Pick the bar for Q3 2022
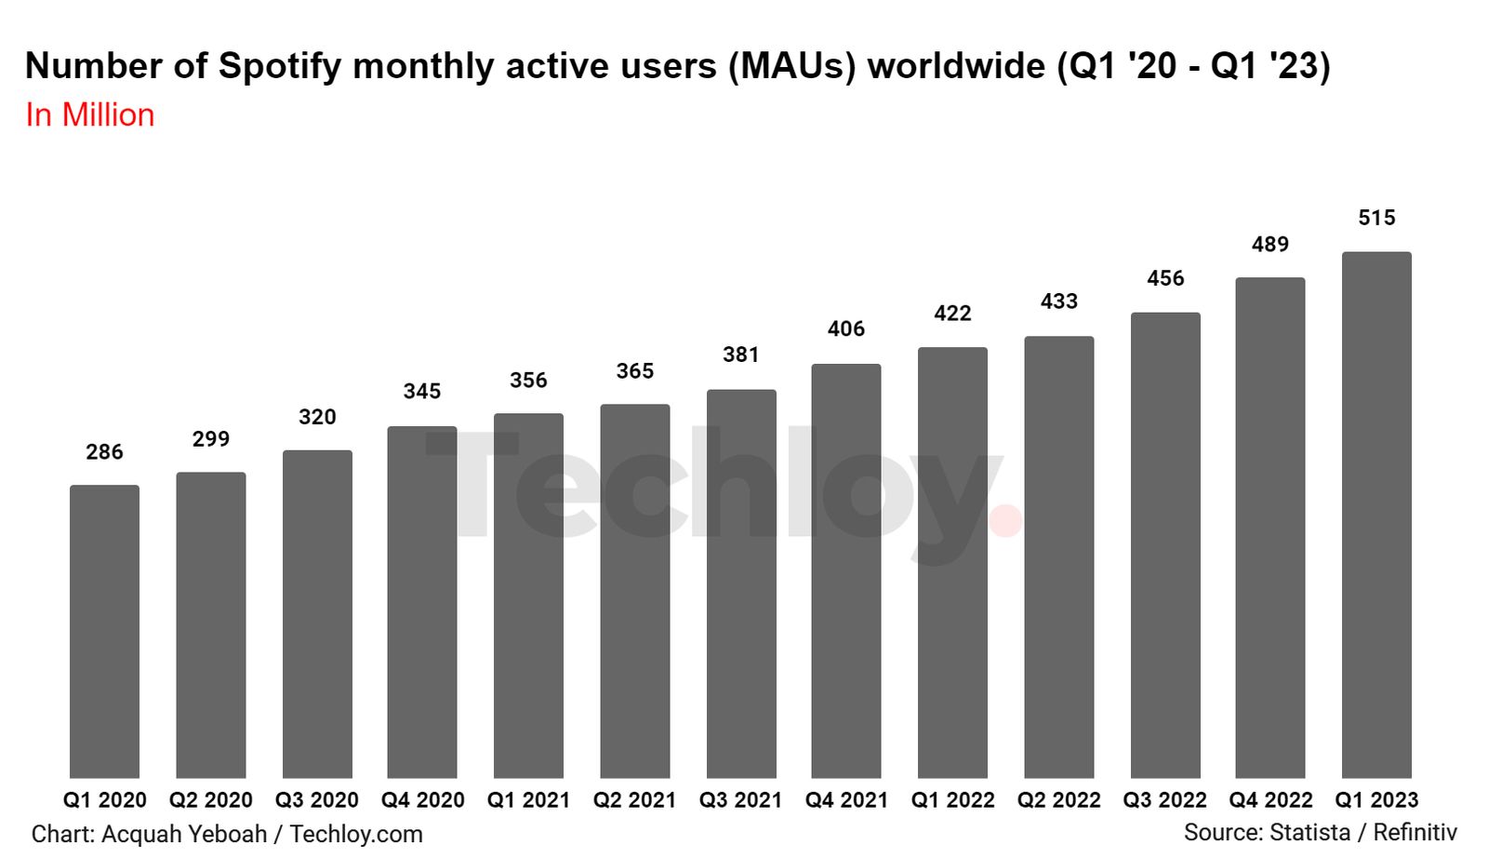(x=1165, y=545)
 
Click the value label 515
(x=1376, y=218)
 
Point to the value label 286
(x=104, y=452)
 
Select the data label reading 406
(x=845, y=328)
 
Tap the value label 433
(x=1058, y=301)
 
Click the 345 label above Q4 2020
(x=422, y=392)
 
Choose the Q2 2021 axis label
(x=634, y=800)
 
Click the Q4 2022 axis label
(x=1270, y=800)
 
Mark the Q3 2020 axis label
(x=316, y=800)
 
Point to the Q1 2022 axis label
(x=952, y=800)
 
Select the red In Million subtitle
(x=90, y=115)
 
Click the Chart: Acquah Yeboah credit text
(x=149, y=834)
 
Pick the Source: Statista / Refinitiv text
(x=1320, y=832)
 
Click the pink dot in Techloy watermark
(x=1005, y=521)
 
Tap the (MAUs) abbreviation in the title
(x=791, y=67)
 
